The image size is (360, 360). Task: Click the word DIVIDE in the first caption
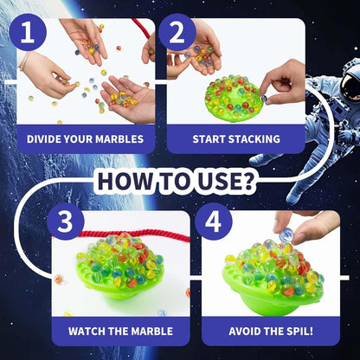pos(48,138)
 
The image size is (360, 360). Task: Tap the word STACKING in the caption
pos(252,138)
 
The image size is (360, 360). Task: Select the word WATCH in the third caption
pos(89,331)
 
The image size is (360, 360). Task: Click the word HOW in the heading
pos(124,181)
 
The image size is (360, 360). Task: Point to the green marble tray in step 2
pos(231,100)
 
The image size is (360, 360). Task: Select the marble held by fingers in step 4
pos(286,235)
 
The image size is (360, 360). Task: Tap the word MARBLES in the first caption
pos(125,138)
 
